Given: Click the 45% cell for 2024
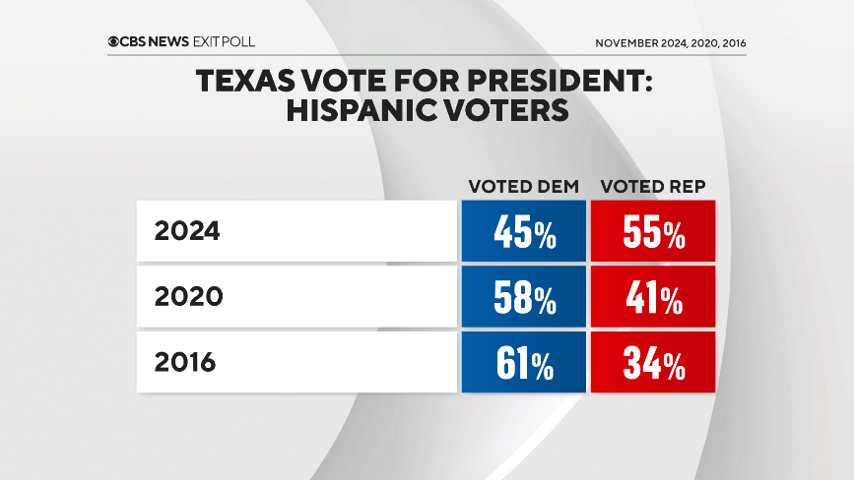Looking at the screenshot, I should coord(522,233).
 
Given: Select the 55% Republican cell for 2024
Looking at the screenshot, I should coord(652,233).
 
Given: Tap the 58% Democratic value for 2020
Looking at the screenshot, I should coord(522,298).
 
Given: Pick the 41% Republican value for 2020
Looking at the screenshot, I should coord(652,298).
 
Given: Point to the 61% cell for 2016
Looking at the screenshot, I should coord(522,363).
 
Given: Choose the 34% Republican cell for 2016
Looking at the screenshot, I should coord(652,363).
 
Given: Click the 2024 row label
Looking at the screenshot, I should coord(187,233).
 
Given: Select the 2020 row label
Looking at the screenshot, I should coord(187,298).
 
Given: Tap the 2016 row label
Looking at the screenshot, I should coord(185,363).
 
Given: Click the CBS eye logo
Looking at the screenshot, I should coord(115,42).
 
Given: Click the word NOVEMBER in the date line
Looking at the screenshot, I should coord(629,43).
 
